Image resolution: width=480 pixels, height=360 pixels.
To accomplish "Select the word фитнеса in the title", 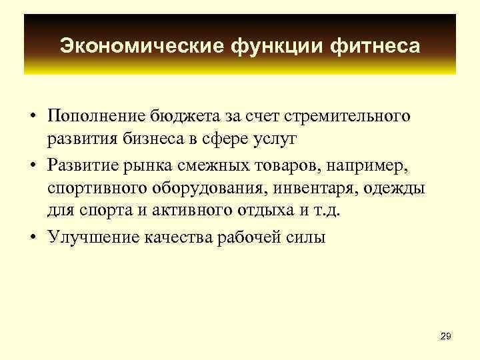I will (x=379, y=46).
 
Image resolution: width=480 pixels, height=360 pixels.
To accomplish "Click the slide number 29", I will (x=445, y=337).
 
